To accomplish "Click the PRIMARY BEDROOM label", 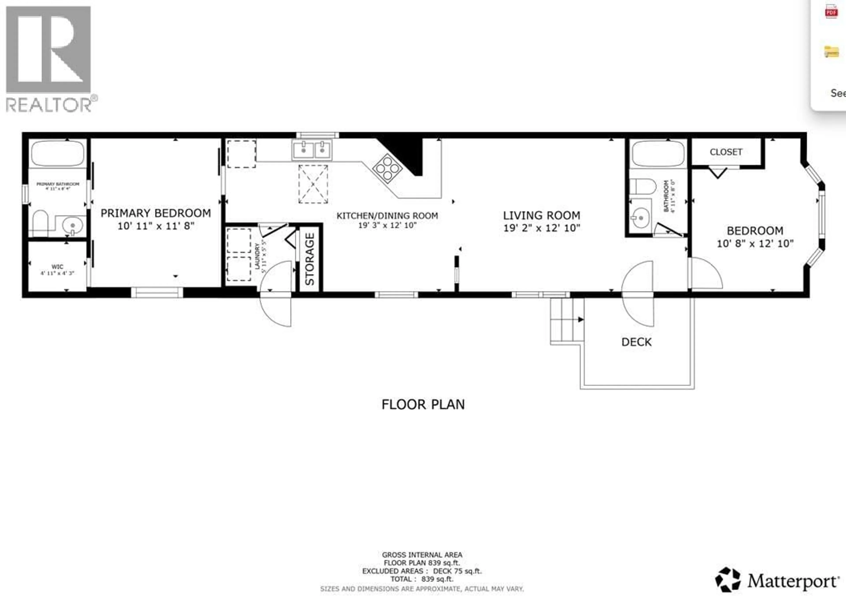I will click(156, 213).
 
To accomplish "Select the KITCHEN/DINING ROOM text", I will click(387, 216).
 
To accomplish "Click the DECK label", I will click(636, 342).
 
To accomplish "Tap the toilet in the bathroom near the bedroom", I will click(643, 186).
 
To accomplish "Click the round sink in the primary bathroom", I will click(72, 225).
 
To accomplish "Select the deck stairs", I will click(567, 320).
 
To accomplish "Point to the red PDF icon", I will click(831, 12).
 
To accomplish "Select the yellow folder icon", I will click(831, 52).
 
